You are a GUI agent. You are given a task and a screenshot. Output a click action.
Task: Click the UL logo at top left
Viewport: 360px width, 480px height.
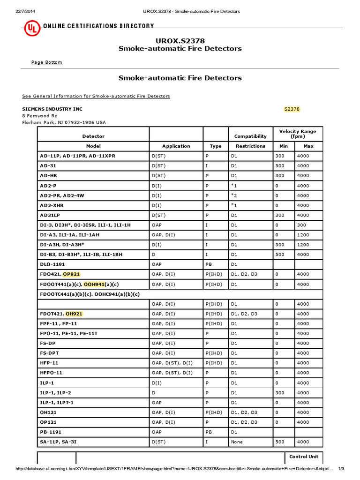(x=31, y=30)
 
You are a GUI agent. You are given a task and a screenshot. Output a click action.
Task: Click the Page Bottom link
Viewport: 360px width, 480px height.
(x=46, y=62)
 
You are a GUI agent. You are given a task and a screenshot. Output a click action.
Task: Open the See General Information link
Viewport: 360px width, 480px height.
(x=96, y=96)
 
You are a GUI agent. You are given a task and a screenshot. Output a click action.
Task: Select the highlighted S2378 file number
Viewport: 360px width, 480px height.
(x=292, y=109)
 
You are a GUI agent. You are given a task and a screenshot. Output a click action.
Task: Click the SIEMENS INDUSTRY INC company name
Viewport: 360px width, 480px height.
(x=52, y=109)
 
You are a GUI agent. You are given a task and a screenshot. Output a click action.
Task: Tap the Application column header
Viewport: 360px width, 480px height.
(x=176, y=146)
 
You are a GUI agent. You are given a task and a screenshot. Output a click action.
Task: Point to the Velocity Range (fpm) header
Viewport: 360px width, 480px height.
(x=298, y=134)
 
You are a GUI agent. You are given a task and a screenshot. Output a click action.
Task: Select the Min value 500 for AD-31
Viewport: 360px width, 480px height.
(x=279, y=165)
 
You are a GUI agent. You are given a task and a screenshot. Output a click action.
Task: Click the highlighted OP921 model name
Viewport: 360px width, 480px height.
(x=75, y=274)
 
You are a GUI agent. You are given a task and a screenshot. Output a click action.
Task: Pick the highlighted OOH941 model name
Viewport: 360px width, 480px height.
(x=94, y=284)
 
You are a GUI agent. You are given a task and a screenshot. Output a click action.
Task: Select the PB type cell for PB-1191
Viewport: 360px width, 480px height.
(x=209, y=432)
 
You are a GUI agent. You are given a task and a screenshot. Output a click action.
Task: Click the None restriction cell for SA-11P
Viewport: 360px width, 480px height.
(x=237, y=442)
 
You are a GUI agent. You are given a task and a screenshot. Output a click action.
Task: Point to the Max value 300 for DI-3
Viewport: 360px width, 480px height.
(x=303, y=225)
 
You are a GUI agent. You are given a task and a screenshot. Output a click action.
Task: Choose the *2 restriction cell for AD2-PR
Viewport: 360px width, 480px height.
(x=234, y=195)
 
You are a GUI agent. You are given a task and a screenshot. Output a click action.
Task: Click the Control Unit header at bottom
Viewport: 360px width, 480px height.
(x=304, y=457)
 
